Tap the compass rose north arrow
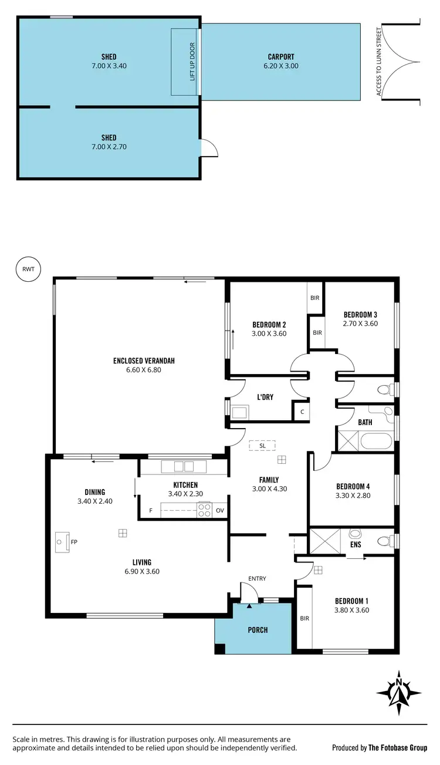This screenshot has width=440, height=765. [x=399, y=693]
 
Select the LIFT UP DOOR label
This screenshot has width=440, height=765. [x=192, y=61]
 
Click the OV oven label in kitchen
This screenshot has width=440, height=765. [x=220, y=511]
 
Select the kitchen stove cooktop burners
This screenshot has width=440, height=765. [x=204, y=511]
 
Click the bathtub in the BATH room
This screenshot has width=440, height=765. [x=375, y=440]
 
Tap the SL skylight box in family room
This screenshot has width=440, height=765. [x=262, y=446]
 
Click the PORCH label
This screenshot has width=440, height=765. [x=258, y=630]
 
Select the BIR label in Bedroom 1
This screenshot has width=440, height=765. [x=304, y=618]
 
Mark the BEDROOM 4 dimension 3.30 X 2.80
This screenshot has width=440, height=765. [x=353, y=496]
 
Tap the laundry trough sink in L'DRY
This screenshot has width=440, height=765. [x=239, y=412]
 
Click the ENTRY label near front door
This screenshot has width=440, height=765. [x=257, y=579]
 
